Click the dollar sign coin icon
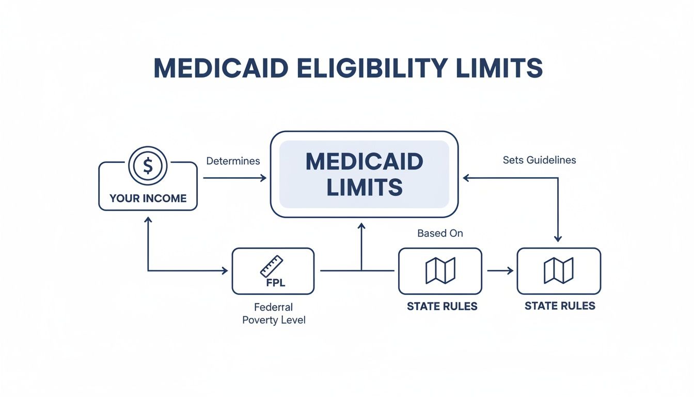[x=148, y=166]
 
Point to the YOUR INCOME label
[x=148, y=198]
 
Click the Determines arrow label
[x=233, y=161]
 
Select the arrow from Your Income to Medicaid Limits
[x=235, y=178]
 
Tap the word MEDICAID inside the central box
[x=364, y=162]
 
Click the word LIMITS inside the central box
[x=364, y=187]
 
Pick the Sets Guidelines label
[x=539, y=160]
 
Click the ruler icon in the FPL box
[x=272, y=266]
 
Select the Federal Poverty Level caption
[x=274, y=314]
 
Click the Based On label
[x=440, y=234]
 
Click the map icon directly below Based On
[x=440, y=270]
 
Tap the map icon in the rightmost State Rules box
[x=558, y=270]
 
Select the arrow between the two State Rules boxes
[x=499, y=270]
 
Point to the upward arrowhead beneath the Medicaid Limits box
[x=361, y=226]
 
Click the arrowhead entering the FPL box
[x=225, y=270]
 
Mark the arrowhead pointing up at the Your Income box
[x=148, y=220]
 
